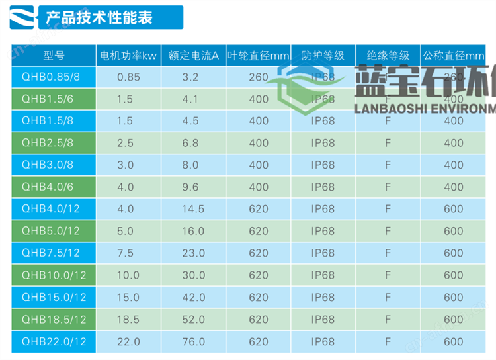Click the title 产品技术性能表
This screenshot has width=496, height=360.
tap(99, 18)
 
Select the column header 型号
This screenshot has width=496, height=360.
tap(54, 56)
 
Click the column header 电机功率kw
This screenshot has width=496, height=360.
tap(128, 56)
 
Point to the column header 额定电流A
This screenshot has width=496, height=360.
tap(193, 56)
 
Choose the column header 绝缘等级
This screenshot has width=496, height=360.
tap(388, 56)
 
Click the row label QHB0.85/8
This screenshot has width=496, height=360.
tap(51, 77)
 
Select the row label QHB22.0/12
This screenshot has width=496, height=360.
tap(54, 341)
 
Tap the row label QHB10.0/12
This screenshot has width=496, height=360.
tap(54, 275)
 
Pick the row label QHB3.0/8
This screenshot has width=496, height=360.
tap(48, 165)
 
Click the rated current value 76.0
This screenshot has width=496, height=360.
tap(190, 341)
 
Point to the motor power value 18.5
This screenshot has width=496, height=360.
tap(128, 320)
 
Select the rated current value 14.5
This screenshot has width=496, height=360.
tap(190, 209)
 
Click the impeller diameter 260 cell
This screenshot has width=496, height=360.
tap(259, 77)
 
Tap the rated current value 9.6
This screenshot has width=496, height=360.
tap(190, 187)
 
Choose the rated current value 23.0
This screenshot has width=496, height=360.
tap(190, 253)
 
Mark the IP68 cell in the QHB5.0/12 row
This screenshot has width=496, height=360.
tap(323, 232)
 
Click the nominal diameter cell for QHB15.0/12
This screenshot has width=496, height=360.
tap(454, 298)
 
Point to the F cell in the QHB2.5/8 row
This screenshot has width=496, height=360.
tap(388, 143)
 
